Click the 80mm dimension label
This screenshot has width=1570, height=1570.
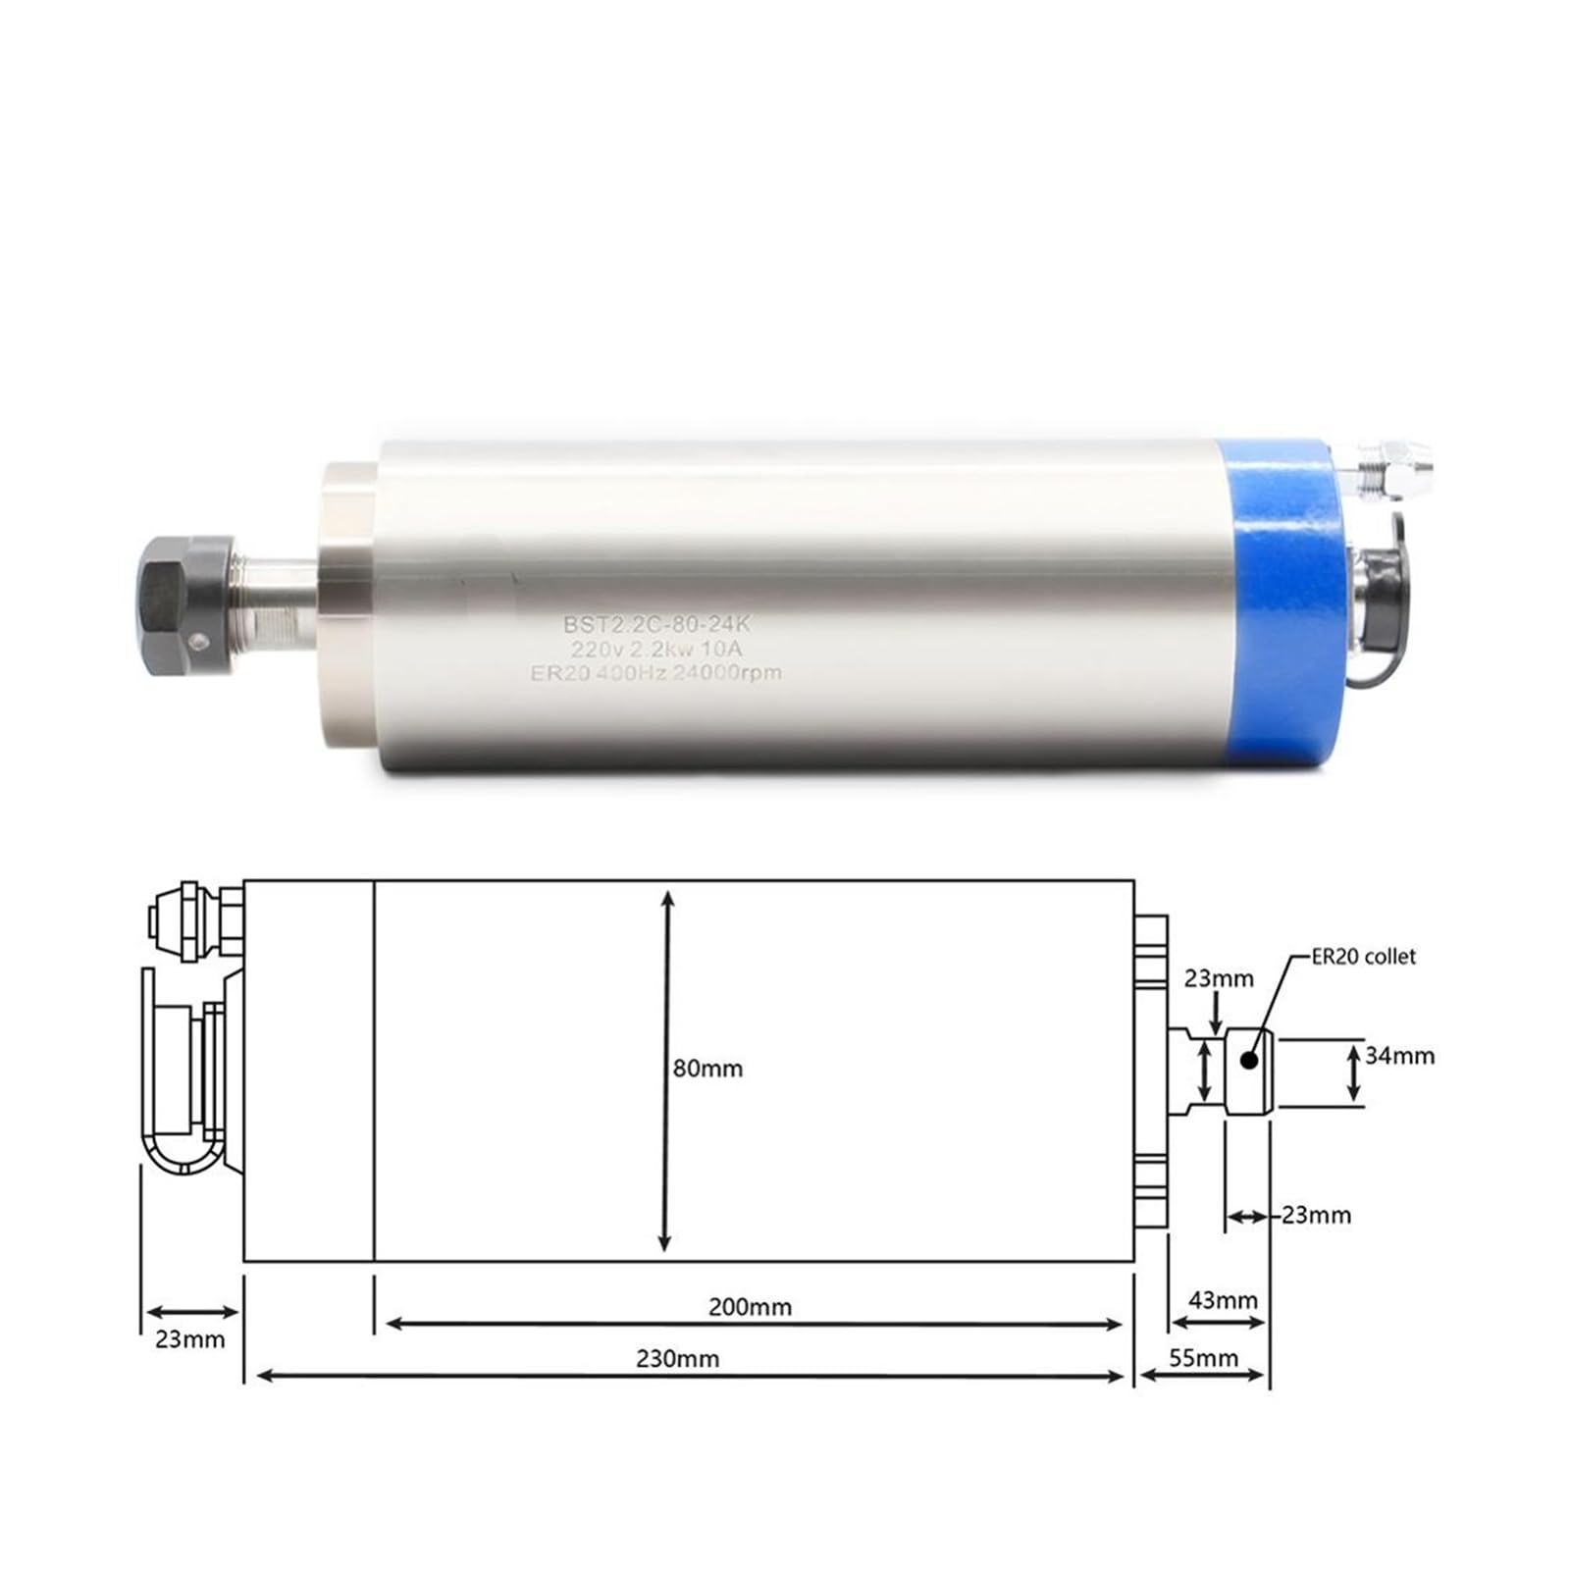point(707,1068)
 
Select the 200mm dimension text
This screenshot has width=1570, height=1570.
point(750,1306)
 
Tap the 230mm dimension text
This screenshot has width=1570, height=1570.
point(677,1358)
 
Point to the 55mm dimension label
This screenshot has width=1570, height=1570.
point(1204,1358)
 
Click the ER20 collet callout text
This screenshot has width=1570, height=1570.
point(1365,956)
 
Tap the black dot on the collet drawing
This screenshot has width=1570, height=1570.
point(1249,1060)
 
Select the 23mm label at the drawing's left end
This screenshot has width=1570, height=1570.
point(190,1338)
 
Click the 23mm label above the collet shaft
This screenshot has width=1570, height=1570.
point(1219,977)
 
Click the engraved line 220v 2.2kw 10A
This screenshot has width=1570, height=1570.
point(657,648)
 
